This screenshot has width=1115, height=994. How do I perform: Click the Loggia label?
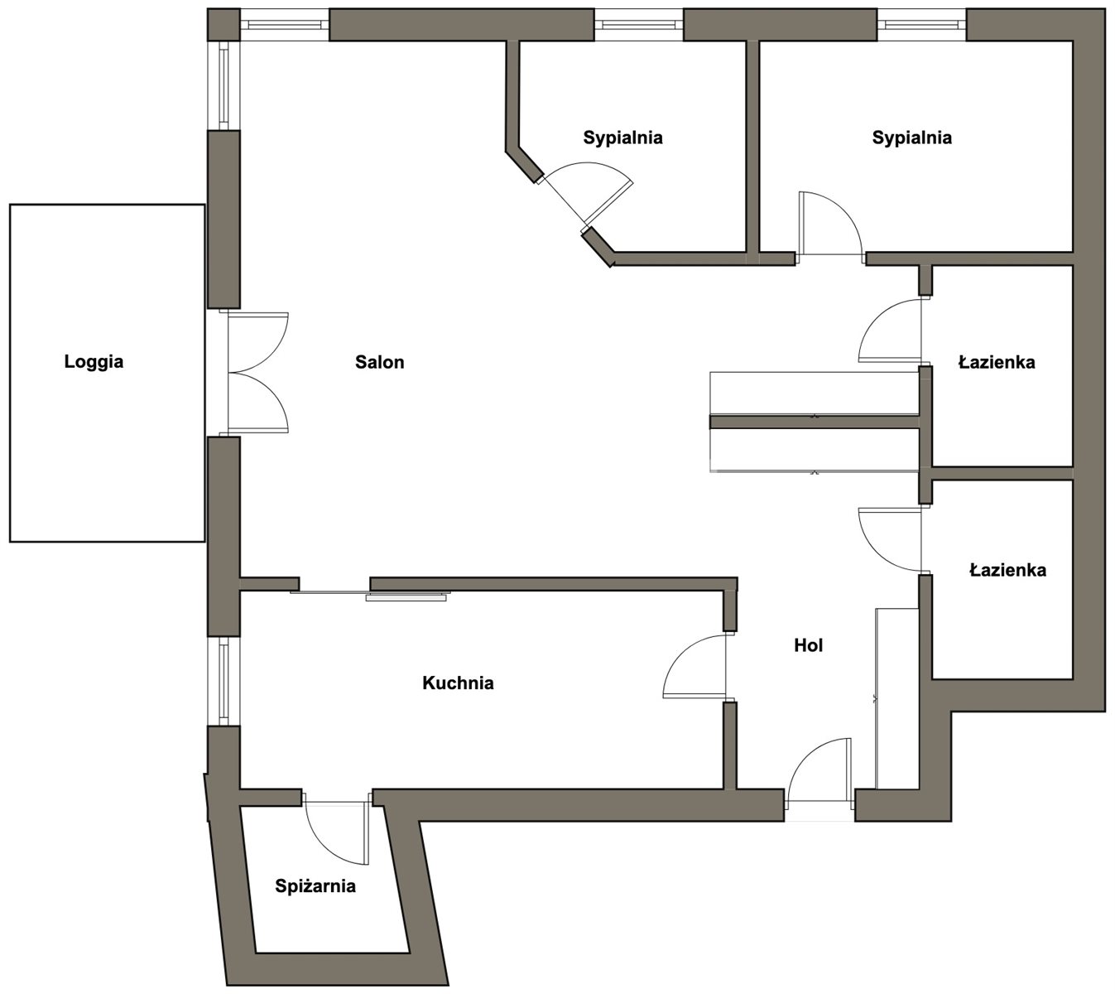pyautogui.click(x=94, y=362)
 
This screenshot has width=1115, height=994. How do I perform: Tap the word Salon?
pyautogui.click(x=379, y=362)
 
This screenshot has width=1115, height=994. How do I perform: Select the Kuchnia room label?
pyautogui.click(x=458, y=683)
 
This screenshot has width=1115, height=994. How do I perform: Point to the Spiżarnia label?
pyautogui.click(x=315, y=886)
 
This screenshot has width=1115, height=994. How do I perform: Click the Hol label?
pyautogui.click(x=808, y=645)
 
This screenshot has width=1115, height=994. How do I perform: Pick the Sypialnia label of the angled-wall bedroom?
pyautogui.click(x=623, y=138)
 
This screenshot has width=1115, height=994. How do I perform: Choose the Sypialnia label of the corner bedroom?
pyautogui.click(x=912, y=138)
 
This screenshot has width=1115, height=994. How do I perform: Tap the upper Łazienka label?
pyautogui.click(x=997, y=362)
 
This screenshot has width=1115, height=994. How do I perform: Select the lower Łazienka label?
pyautogui.click(x=1007, y=570)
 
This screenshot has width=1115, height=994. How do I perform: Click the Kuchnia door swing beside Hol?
pyautogui.click(x=694, y=666)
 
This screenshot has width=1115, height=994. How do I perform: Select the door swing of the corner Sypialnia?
pyautogui.click(x=830, y=223)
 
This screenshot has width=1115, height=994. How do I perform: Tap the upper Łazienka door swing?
pyautogui.click(x=890, y=331)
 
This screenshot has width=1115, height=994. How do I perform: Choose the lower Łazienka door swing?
pyautogui.click(x=890, y=540)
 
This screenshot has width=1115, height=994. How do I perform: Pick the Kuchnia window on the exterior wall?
pyautogui.click(x=223, y=681)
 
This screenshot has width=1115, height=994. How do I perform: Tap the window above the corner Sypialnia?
pyautogui.click(x=922, y=24)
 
